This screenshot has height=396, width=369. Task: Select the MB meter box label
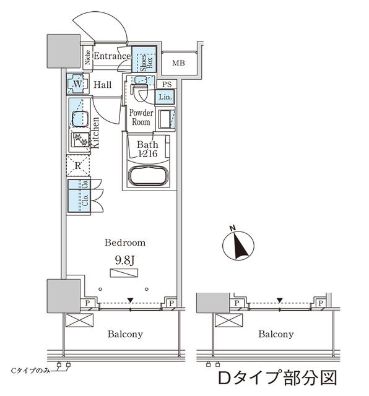pyautogui.click(x=178, y=63)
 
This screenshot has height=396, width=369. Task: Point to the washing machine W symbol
pyautogui.click(x=77, y=84)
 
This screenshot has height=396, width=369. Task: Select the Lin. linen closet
pyautogui.click(x=165, y=97)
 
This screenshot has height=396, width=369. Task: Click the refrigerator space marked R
pyautogui.click(x=78, y=165)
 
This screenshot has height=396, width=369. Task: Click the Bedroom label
pyautogui.click(x=125, y=243)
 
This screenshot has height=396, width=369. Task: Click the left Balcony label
pyautogui.click(x=125, y=334)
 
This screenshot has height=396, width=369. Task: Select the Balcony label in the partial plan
pyautogui.click(x=276, y=334)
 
